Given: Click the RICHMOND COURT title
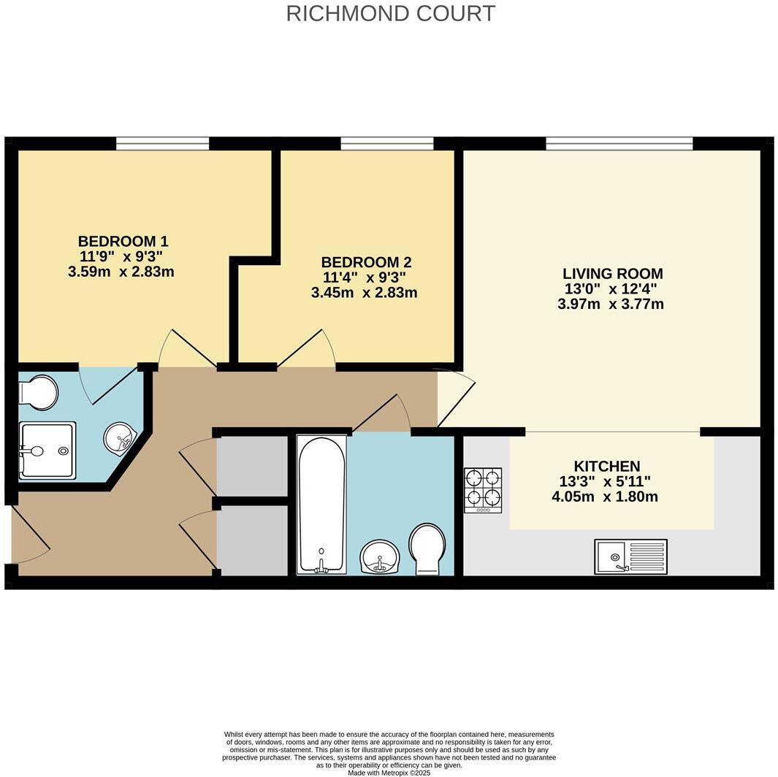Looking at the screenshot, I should [x=390, y=13].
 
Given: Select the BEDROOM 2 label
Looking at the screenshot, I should [x=366, y=262].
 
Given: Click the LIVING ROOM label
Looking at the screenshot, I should [x=612, y=274].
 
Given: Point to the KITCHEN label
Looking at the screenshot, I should [x=606, y=466].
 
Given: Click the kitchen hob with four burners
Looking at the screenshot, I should [x=483, y=490].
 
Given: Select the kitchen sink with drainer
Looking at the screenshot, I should [x=630, y=556].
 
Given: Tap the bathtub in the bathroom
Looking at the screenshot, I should [x=321, y=504].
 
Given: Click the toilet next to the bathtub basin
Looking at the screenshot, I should [x=427, y=548].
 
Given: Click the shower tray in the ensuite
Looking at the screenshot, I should [x=47, y=451].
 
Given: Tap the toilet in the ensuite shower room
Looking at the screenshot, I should [x=39, y=392].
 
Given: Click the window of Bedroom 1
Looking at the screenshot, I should [x=162, y=143].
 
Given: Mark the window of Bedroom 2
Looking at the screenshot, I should [x=386, y=143].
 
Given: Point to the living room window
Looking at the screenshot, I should [x=619, y=143].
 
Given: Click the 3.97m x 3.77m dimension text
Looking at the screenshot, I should [x=611, y=305].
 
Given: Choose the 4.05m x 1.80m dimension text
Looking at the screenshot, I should [x=605, y=497].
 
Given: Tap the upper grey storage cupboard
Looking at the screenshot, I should [x=253, y=465].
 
